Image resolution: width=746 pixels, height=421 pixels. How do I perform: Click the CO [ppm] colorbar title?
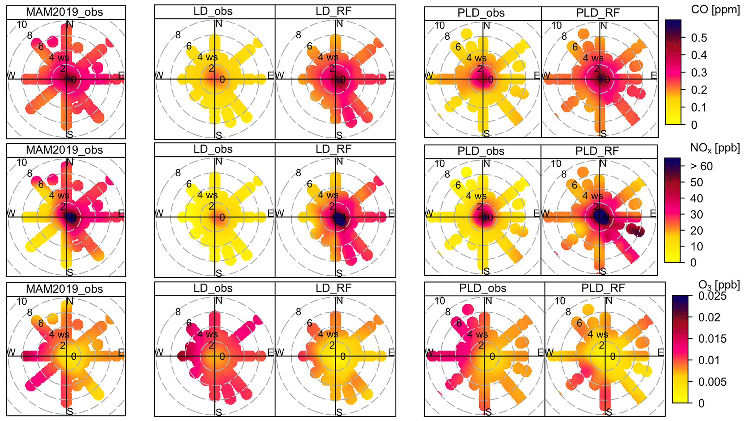(x=715, y=10)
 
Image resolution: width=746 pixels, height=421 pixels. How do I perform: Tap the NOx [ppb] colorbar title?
(x=715, y=148)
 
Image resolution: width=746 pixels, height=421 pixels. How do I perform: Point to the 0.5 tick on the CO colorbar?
(x=699, y=38)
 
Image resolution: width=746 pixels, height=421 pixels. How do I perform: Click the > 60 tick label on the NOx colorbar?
(x=701, y=166)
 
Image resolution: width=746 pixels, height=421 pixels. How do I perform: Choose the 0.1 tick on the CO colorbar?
(x=699, y=107)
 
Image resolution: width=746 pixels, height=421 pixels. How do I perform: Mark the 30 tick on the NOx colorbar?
(x=697, y=214)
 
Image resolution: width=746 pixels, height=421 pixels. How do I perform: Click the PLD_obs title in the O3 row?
(x=483, y=288)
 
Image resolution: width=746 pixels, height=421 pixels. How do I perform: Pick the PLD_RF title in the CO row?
(x=598, y=13)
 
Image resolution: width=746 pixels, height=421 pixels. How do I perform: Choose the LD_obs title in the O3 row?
(x=213, y=288)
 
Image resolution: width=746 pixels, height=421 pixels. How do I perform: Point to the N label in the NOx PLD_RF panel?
(x=603, y=164)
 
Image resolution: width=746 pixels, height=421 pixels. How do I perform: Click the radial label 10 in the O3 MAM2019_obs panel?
(x=22, y=301)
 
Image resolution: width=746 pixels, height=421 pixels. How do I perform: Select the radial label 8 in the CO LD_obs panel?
(x=178, y=35)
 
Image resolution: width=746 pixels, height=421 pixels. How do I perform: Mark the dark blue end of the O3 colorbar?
(x=680, y=298)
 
